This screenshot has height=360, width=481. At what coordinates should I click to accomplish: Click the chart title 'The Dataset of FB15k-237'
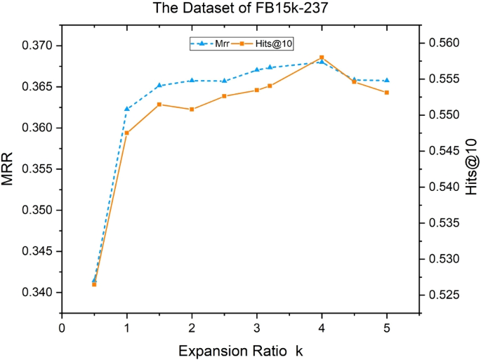pyautogui.click(x=241, y=9)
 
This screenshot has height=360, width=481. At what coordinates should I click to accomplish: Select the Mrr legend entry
pyautogui.click(x=211, y=43)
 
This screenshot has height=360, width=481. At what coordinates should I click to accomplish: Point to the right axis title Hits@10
pyautogui.click(x=472, y=169)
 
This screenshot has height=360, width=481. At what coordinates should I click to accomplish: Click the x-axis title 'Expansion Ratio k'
pyautogui.click(x=241, y=349)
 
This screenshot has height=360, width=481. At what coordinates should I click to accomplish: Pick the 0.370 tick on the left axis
pyautogui.click(x=40, y=46)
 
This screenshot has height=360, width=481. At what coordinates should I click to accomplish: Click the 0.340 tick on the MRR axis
pyautogui.click(x=40, y=293)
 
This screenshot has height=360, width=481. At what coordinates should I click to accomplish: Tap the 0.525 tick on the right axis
pyautogui.click(x=442, y=295)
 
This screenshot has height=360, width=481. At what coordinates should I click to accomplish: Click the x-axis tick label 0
pyautogui.click(x=62, y=327)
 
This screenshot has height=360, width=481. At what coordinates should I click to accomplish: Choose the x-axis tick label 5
pyautogui.click(x=387, y=327)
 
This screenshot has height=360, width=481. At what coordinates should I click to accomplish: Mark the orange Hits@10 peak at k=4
pyautogui.click(x=322, y=58)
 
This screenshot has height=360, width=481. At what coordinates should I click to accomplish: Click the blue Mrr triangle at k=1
pyautogui.click(x=127, y=109)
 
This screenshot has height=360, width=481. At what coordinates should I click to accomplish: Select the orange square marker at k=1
pyautogui.click(x=127, y=133)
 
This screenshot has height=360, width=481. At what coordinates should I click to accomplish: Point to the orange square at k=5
pyautogui.click(x=387, y=93)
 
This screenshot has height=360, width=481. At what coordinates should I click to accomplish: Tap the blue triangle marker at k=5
pyautogui.click(x=387, y=81)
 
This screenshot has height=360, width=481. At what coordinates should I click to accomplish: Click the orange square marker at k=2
pyautogui.click(x=192, y=109)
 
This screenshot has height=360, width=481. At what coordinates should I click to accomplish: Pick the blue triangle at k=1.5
pyautogui.click(x=159, y=86)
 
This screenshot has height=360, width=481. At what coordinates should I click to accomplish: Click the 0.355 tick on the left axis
pyautogui.click(x=40, y=169)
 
